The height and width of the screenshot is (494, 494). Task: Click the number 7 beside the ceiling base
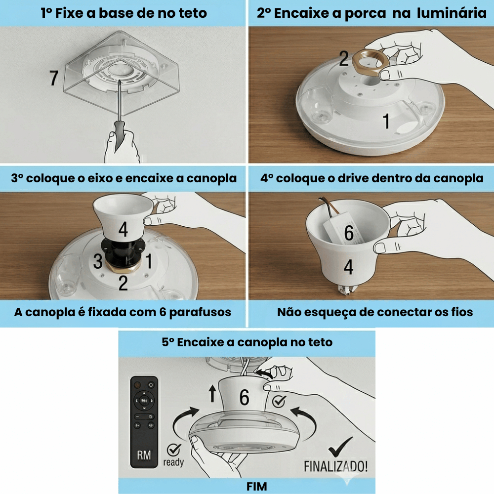pos(54,78)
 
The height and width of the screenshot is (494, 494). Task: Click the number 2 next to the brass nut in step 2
pos(344,58)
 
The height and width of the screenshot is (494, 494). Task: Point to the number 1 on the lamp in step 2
pos(386,121)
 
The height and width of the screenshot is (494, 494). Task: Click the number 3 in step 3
pos(98,261)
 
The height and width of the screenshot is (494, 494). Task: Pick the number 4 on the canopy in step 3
pos(123,229)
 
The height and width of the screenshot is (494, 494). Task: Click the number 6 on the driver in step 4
pos(349,233)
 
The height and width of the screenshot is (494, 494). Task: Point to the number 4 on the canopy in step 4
pos(348,267)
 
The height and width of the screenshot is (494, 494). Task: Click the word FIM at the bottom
pos(256,487)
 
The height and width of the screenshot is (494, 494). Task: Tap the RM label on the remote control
pos(144,455)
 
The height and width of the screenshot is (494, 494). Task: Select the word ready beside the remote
pos(173,462)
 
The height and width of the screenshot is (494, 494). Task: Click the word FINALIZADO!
pos(335,466)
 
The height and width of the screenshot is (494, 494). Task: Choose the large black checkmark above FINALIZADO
pos(340,447)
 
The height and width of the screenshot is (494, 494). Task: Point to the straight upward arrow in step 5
pos(212,393)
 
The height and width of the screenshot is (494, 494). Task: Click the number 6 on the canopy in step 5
pos(244,397)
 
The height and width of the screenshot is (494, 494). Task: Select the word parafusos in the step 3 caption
pos(200,313)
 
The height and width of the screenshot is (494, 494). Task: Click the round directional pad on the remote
pos(144,401)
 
